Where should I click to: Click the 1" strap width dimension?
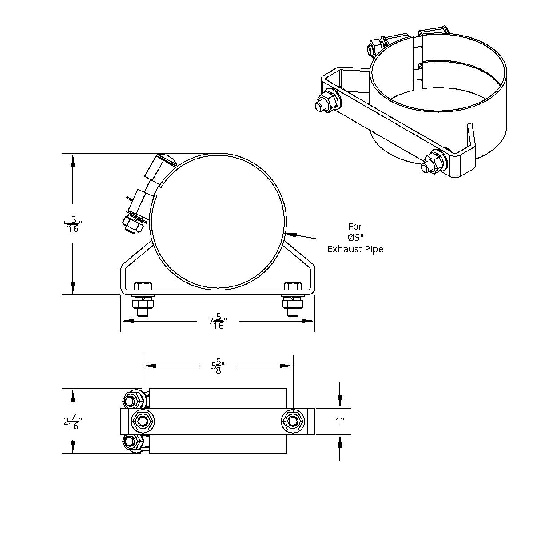click(340, 421)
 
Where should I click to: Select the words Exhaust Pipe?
click(355, 249)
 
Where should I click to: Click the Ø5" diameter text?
click(355, 238)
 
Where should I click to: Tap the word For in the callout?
click(355, 227)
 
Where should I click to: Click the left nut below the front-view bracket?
click(142, 304)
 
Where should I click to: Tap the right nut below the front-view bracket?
click(293, 304)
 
